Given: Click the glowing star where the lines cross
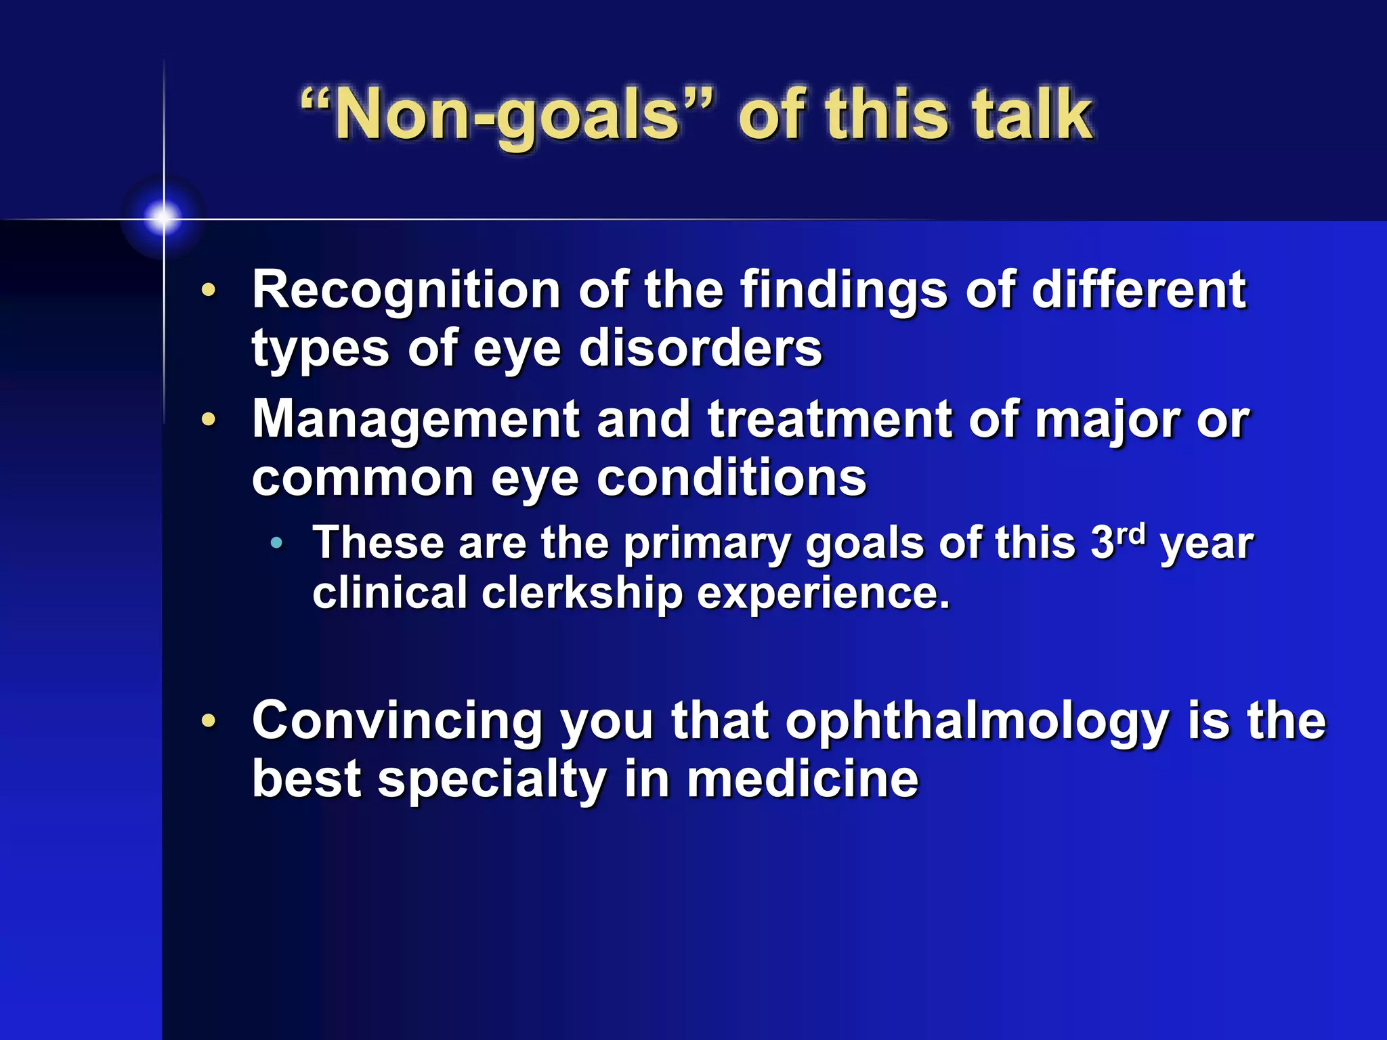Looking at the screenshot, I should (x=163, y=217).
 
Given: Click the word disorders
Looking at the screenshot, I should (x=700, y=349).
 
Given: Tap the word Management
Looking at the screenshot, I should (x=415, y=420).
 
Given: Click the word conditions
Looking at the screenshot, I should (x=731, y=478).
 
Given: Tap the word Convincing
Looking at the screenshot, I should (x=397, y=721).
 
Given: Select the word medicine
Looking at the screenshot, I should (x=803, y=779).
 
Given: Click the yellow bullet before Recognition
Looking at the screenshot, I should (x=209, y=290).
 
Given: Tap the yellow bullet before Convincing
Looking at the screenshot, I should (x=209, y=720).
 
